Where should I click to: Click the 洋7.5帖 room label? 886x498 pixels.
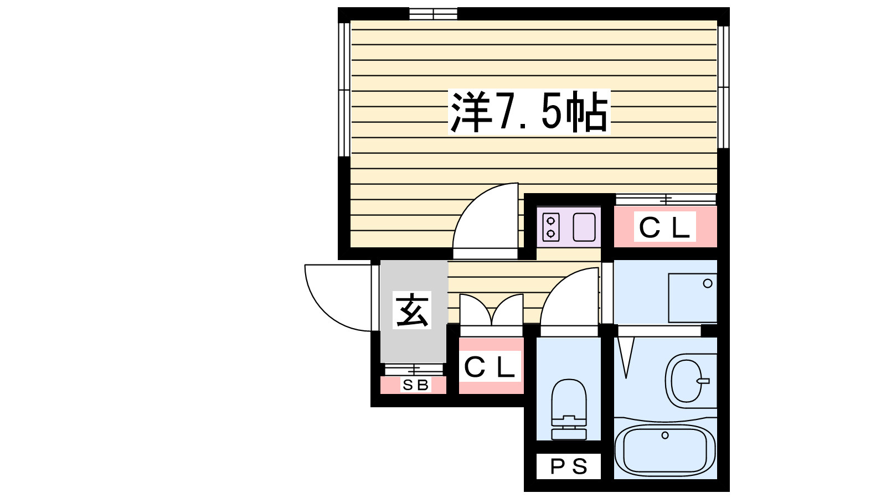pyautogui.click(x=529, y=111)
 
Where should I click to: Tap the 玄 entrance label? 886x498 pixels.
pyautogui.click(x=412, y=310)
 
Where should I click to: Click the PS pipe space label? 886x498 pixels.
pyautogui.click(x=569, y=467)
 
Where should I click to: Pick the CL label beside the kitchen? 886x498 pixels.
pyautogui.click(x=664, y=227)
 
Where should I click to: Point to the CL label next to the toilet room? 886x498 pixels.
pyautogui.click(x=490, y=366)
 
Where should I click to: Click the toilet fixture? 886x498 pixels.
pyautogui.click(x=569, y=409)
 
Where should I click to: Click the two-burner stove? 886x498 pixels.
pyautogui.click(x=550, y=227)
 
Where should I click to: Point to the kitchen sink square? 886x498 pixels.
pyautogui.click(x=584, y=227)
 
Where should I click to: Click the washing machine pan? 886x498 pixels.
pyautogui.click(x=692, y=298)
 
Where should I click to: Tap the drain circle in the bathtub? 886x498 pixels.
pyautogui.click(x=665, y=435)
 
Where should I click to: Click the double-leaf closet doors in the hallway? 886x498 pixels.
pyautogui.click(x=491, y=310)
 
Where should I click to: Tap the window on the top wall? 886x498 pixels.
pyautogui.click(x=433, y=14)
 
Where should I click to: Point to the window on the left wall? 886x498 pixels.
pyautogui.click(x=344, y=90)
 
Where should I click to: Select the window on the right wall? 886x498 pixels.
pyautogui.click(x=723, y=87)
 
